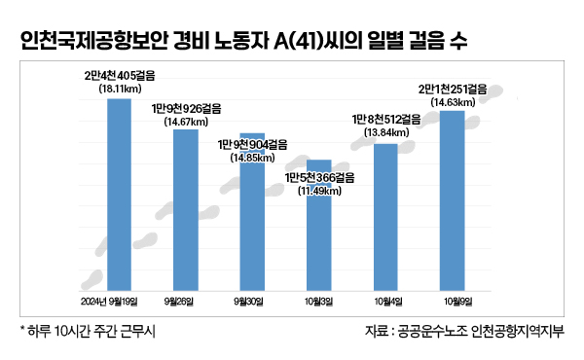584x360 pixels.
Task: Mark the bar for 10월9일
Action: tap(453, 199)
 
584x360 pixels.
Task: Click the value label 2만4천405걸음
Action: tap(119, 75)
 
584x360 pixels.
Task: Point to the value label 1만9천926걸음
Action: tap(185, 109)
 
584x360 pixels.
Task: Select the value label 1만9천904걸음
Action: tap(252, 143)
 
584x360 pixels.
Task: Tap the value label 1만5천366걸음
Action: tap(319, 177)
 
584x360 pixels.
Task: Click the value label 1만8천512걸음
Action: tap(385, 119)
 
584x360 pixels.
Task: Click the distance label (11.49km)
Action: tap(319, 190)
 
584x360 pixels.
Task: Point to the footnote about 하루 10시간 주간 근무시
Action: tap(88, 332)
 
